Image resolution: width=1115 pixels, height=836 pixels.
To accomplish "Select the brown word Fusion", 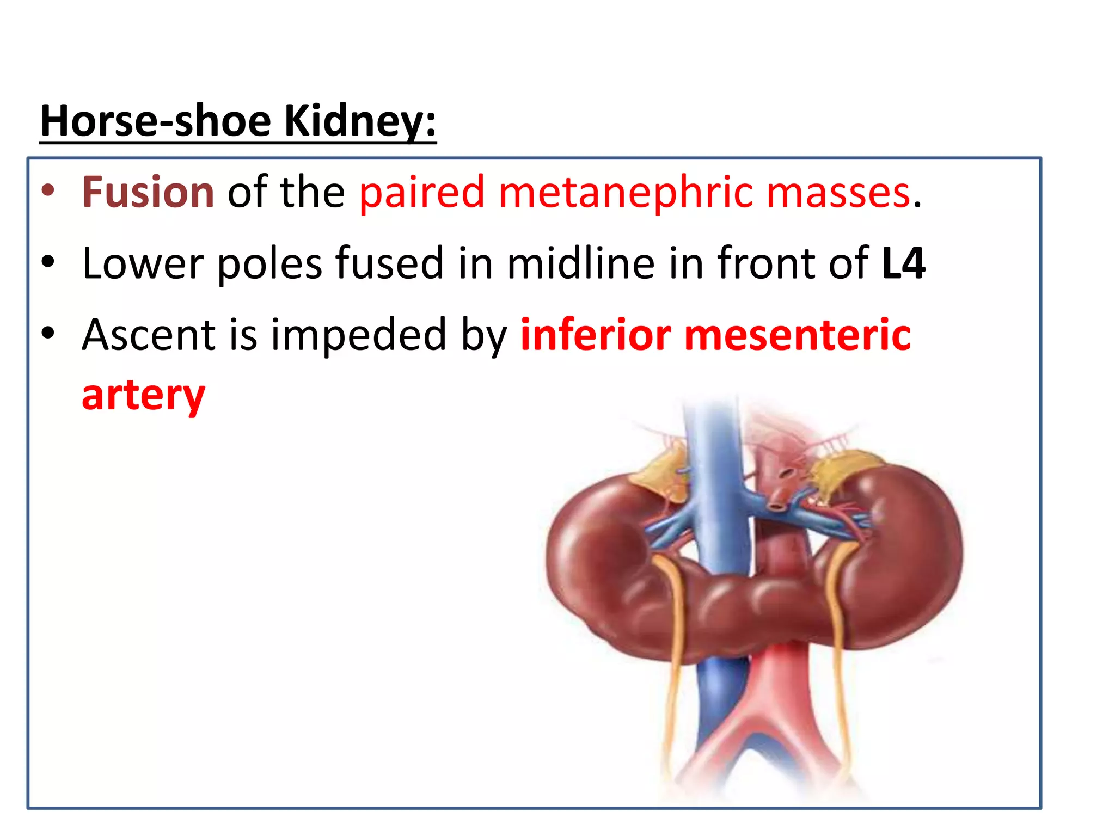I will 148,192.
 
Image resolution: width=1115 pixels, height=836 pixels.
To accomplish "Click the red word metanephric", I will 626,192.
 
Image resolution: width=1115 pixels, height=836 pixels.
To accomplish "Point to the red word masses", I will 838,192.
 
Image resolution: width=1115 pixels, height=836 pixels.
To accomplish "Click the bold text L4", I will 903,263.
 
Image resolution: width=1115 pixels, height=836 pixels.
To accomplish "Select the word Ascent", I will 148,335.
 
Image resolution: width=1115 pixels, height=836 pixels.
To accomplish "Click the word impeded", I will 359,335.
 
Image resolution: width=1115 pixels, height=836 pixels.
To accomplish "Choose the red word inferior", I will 596,335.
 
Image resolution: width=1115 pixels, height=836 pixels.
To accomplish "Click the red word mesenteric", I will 797,335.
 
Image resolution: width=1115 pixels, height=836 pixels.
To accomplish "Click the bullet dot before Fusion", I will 48,190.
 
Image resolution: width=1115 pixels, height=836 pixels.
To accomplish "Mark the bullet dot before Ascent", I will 48,333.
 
